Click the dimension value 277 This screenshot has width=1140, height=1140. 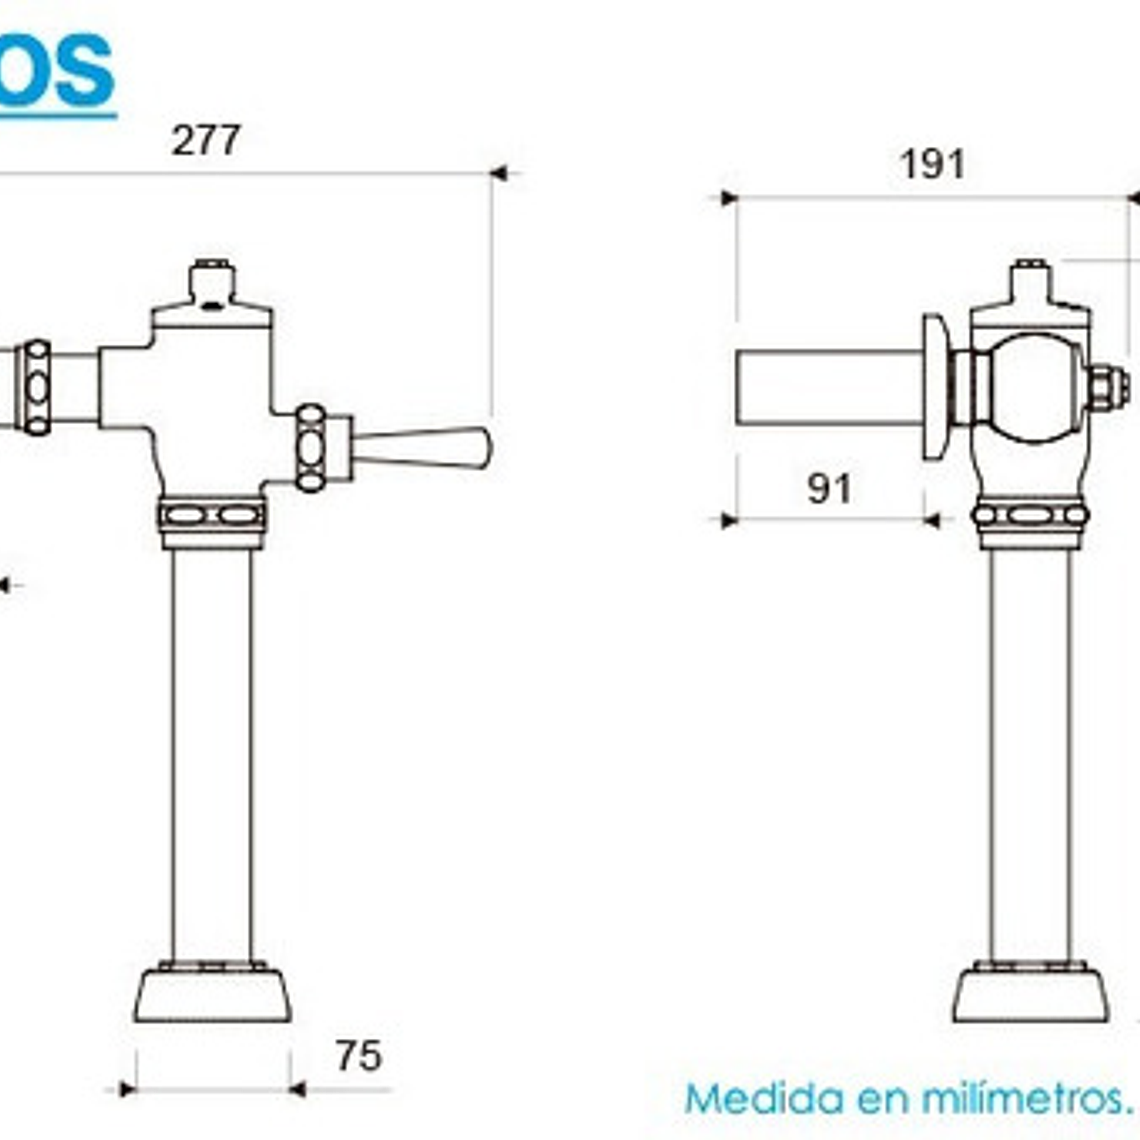pyautogui.click(x=206, y=140)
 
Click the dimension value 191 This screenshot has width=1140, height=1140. pyautogui.click(x=932, y=164)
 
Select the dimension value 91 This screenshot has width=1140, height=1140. pyautogui.click(x=830, y=489)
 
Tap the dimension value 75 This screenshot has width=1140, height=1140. pyautogui.click(x=358, y=1056)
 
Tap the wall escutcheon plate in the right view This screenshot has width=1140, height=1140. pyautogui.click(x=935, y=387)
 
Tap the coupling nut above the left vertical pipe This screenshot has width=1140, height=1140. pyautogui.click(x=212, y=516)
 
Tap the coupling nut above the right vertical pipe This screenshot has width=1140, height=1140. pyautogui.click(x=1029, y=516)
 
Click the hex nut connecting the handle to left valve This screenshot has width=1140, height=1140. pyautogui.click(x=312, y=448)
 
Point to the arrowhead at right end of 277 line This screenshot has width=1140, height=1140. pyautogui.click(x=499, y=173)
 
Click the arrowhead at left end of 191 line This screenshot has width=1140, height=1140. pyautogui.click(x=728, y=198)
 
